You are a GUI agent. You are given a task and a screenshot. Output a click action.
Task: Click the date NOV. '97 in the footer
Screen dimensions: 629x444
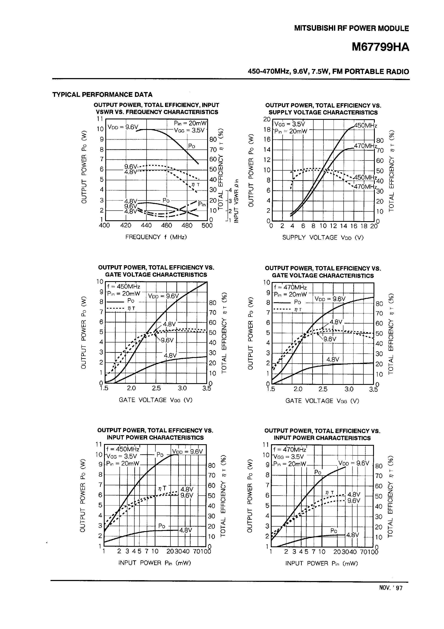391,596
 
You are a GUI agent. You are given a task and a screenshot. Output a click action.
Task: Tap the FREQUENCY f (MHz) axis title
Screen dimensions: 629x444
156,237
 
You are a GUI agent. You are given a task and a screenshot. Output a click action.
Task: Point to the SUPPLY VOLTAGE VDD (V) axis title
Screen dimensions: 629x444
323,237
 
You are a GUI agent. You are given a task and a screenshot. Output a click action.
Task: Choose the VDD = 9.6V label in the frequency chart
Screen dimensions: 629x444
123,127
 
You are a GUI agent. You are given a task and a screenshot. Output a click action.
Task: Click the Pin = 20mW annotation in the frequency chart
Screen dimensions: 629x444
190,123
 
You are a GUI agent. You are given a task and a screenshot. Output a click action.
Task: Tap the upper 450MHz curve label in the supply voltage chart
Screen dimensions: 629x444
365,126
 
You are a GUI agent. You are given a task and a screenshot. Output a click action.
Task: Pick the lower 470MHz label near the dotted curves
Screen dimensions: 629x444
365,187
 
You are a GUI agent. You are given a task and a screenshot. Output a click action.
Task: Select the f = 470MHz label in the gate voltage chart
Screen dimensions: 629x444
290,287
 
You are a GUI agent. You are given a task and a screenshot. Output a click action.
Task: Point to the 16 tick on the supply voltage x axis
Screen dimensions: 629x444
354,226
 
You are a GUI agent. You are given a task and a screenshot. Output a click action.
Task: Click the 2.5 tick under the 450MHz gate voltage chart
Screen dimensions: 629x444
156,388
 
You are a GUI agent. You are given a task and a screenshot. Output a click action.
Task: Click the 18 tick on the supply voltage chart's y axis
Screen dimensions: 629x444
267,129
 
